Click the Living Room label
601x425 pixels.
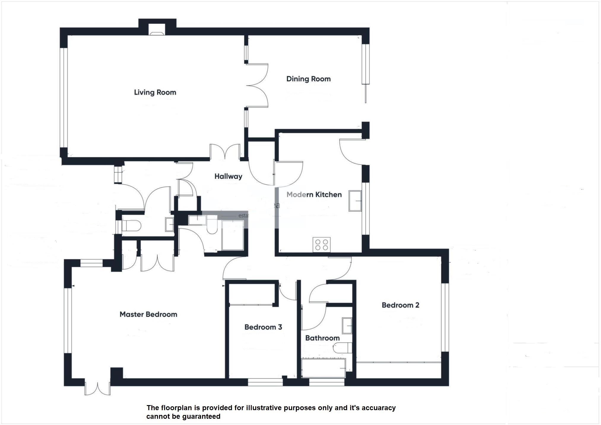tap(155, 92)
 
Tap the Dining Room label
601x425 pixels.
tap(308, 79)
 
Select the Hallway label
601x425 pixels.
tap(228, 176)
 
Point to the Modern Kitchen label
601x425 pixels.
tap(314, 195)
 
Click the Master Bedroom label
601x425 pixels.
tap(148, 314)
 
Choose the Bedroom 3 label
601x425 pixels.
tap(263, 327)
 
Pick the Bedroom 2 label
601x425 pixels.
tap(400, 305)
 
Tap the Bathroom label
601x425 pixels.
tap(322, 338)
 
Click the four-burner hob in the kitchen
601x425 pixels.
tap(321, 245)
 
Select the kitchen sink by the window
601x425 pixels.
tap(355, 201)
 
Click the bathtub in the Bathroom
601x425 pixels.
tap(323, 368)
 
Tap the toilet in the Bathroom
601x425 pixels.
tap(342, 348)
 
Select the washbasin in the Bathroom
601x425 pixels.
tap(347, 326)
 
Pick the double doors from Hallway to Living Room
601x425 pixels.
tap(225, 152)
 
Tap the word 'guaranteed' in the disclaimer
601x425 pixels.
tap(202, 416)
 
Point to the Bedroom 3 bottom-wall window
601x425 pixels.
tap(265, 382)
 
